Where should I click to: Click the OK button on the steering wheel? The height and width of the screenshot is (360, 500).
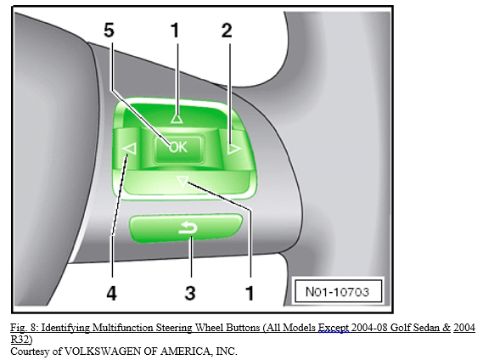coord(178,149)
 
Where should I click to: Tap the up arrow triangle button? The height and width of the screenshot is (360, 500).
coord(177,119)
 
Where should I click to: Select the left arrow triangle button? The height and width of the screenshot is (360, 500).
coord(130,149)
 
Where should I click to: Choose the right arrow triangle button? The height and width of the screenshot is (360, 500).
coord(234,149)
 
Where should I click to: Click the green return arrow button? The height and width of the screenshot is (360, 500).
coord(186,228)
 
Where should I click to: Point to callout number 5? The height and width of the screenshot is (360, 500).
coord(109,31)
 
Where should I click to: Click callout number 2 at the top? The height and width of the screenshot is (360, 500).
coord(227,31)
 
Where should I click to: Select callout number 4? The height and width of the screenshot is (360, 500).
coord(111,293)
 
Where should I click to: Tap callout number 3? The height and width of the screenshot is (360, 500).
coord(190,293)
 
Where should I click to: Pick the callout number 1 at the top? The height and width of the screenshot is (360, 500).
coord(174,31)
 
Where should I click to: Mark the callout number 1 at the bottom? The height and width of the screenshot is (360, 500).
coord(250,293)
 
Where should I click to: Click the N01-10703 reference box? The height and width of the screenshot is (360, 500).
coord(338,291)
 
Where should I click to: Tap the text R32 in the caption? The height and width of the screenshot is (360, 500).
coord(20,340)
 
